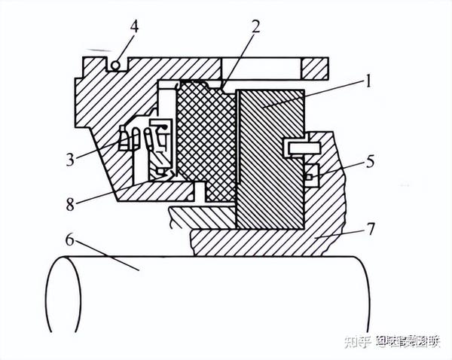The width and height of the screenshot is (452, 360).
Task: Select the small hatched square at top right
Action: pyautogui.click(x=315, y=69)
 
